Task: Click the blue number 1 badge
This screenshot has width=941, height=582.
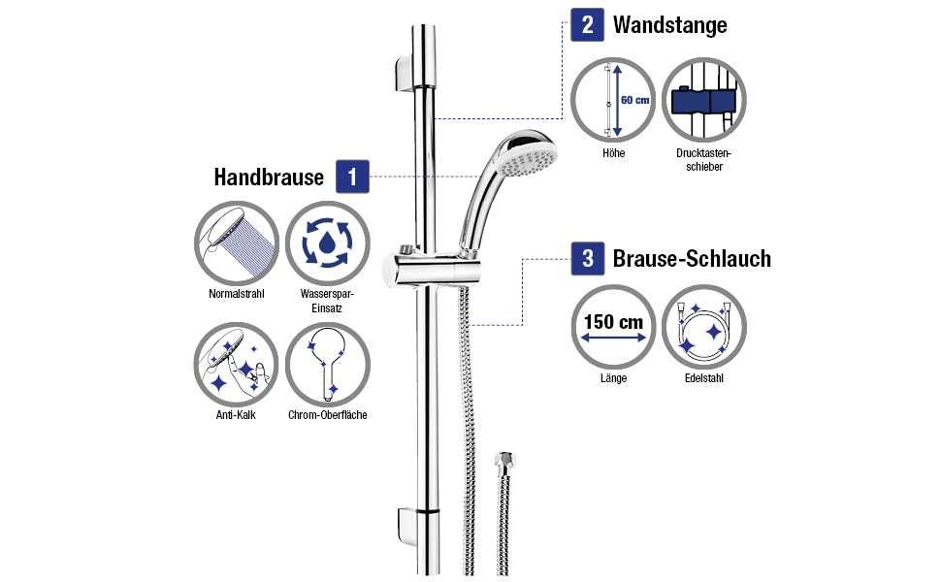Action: pos(352,177)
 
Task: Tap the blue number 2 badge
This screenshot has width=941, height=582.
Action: pos(587,24)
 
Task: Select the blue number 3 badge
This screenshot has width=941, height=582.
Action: pos(588,258)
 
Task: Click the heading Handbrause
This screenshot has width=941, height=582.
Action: pos(269,178)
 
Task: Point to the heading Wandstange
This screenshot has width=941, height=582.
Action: pos(669,24)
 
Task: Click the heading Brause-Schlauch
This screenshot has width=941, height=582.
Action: pos(692,259)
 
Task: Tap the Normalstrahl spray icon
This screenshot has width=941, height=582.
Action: pos(237,242)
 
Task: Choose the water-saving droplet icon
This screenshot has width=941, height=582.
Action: pos(328,242)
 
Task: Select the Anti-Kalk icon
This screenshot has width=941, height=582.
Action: pos(237,365)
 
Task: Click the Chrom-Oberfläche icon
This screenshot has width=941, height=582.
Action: pos(328,365)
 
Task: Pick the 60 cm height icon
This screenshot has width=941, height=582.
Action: pos(613,101)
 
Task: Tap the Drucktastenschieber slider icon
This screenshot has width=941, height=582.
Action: pos(704,101)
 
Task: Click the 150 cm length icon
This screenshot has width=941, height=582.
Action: pos(613,327)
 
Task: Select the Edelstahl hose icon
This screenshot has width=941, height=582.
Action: pos(704,327)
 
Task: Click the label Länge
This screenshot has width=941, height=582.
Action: pos(613,378)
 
